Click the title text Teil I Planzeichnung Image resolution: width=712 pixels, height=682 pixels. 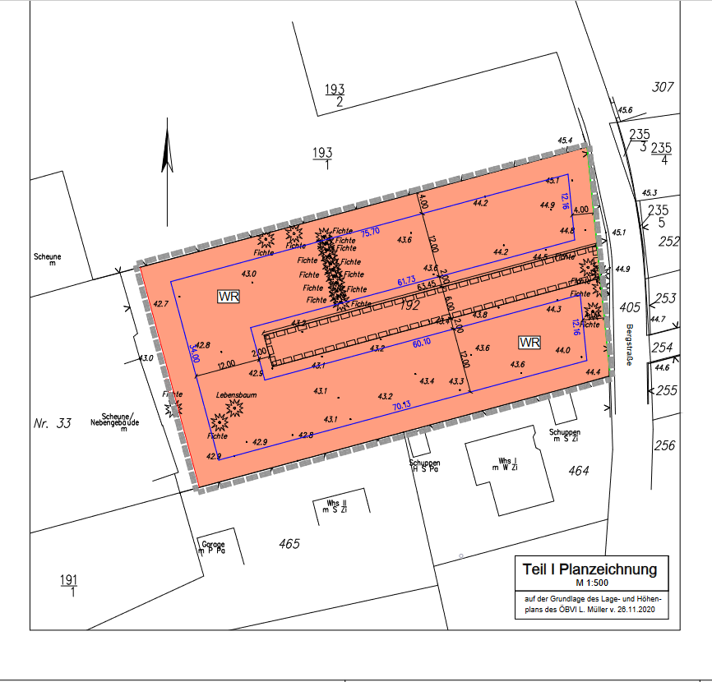(589, 569)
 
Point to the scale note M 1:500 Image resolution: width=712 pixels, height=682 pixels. (590, 583)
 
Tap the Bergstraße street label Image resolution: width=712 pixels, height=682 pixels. (629, 344)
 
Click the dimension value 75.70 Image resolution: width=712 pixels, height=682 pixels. (370, 232)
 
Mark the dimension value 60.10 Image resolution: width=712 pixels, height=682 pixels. (421, 341)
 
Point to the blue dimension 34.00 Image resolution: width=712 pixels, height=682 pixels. (195, 353)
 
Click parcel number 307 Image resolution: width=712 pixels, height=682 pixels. (662, 87)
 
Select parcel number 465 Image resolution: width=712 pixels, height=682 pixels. (289, 544)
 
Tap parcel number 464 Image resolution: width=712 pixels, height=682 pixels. (579, 471)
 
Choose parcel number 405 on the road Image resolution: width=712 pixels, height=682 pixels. (631, 307)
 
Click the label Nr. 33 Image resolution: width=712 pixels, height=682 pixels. (53, 424)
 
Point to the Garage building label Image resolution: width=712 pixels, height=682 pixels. (212, 544)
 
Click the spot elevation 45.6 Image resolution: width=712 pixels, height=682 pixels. (625, 109)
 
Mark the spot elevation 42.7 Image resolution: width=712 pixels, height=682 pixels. (160, 304)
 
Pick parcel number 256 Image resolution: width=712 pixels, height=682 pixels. (664, 445)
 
